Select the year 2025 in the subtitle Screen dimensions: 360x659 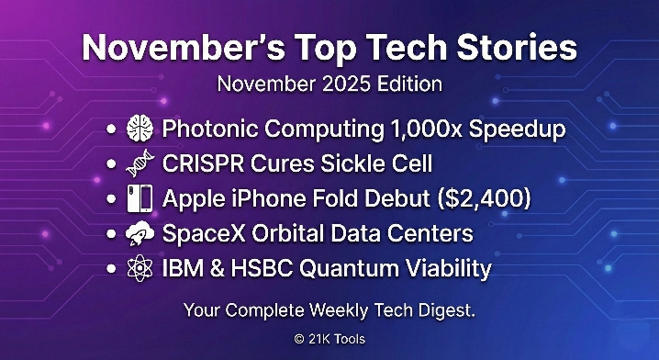click(342, 84)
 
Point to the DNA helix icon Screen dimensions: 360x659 click(140, 164)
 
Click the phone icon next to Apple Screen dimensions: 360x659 click(140, 199)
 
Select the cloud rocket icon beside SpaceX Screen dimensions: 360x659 click(140, 233)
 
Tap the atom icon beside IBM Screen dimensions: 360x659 click(140, 268)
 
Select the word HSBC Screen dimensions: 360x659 click(268, 268)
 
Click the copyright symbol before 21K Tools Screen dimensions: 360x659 click(300, 339)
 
